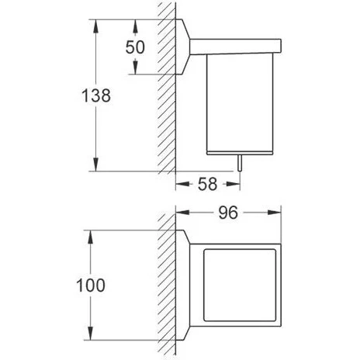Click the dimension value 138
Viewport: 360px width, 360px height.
point(96,95)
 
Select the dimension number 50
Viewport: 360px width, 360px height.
point(135,47)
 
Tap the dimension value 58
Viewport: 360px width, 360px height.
point(207,184)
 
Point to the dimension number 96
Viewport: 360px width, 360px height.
point(228,213)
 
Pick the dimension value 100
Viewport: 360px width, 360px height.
point(91,286)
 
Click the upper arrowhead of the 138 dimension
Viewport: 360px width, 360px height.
point(96,26)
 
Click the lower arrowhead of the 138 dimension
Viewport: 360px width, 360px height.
point(96,164)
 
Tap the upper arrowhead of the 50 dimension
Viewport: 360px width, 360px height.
point(135,26)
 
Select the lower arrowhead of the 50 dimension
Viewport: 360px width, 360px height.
point(135,67)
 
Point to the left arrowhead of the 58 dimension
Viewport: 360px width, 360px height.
point(182,184)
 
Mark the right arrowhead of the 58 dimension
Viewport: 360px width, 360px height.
point(234,184)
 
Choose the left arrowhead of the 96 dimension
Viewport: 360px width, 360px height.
point(182,213)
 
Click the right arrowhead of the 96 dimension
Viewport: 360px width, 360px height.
point(275,213)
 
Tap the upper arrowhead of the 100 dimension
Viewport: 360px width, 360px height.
point(90,237)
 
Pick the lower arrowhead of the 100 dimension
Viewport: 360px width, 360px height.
point(90,334)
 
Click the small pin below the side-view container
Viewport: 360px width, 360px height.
point(240,163)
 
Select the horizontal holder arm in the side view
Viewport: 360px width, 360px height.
point(235,47)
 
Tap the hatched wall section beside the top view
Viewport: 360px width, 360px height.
point(167,285)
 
